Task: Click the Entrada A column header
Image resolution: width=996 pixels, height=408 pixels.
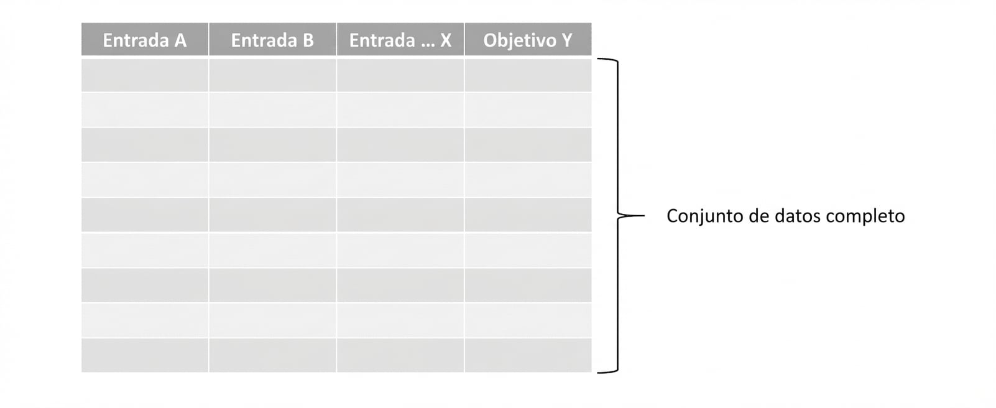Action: click(144, 40)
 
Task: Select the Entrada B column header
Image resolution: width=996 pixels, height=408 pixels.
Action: click(272, 40)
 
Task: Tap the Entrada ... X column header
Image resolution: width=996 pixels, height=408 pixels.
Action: click(400, 40)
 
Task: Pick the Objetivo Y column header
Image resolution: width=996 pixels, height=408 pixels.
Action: click(528, 40)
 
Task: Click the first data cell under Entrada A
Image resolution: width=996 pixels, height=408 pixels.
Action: click(144, 75)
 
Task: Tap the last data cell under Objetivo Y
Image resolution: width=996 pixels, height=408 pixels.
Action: click(528, 356)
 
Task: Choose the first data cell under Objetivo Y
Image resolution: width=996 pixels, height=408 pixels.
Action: click(528, 75)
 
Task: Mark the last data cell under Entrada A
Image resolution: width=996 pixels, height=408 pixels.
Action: click(144, 356)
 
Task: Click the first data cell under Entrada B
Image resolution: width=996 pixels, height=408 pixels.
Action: click(272, 75)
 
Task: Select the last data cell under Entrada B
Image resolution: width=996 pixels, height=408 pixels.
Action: click(272, 356)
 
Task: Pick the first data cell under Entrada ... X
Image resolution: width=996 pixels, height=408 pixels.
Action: click(400, 75)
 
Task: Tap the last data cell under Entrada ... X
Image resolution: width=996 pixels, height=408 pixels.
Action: click(400, 356)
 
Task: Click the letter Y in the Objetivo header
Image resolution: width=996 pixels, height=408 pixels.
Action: click(566, 40)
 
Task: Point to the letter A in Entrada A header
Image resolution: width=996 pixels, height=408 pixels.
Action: click(180, 40)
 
